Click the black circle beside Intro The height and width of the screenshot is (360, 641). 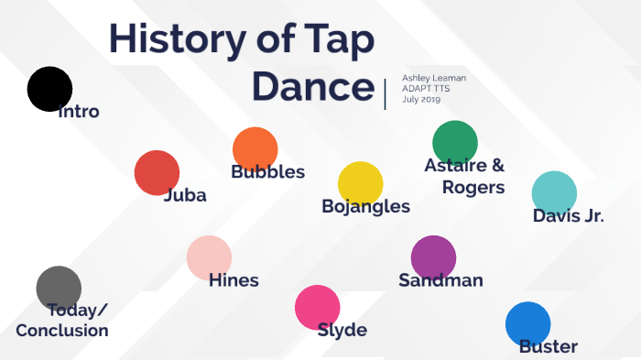(x=49, y=89)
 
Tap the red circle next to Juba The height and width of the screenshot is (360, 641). (x=157, y=172)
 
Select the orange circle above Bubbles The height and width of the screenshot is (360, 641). (x=255, y=149)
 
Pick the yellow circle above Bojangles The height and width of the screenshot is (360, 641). (x=360, y=183)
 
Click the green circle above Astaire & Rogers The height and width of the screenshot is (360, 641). (x=455, y=142)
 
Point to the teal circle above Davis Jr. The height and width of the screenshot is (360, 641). (x=554, y=193)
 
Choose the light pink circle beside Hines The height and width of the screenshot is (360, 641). (x=209, y=257)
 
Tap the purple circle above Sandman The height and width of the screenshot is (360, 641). (x=433, y=257)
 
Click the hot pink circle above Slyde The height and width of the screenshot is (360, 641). (x=317, y=308)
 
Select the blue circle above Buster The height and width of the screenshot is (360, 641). (x=527, y=324)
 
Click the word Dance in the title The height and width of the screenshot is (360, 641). (x=313, y=87)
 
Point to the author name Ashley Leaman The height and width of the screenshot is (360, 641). (x=434, y=78)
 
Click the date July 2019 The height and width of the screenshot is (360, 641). (x=422, y=99)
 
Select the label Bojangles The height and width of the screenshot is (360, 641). (x=365, y=206)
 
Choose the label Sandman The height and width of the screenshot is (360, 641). (x=440, y=280)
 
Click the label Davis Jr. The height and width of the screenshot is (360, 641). (x=568, y=216)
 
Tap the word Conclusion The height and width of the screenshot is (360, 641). (x=61, y=330)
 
